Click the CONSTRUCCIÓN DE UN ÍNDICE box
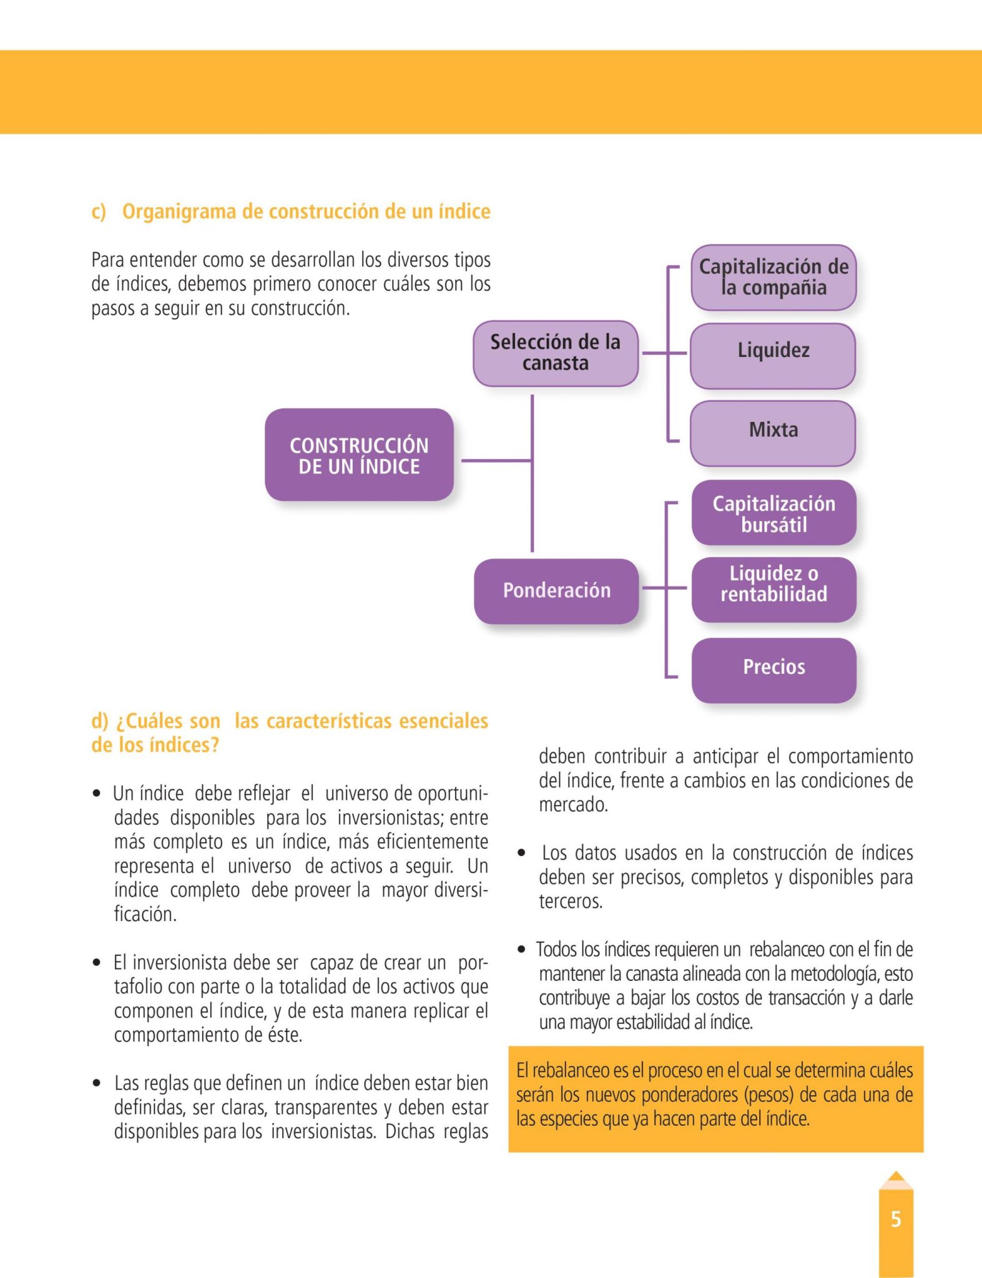tap(359, 455)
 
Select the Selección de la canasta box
tap(555, 353)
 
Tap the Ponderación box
tap(556, 590)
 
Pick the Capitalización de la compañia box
tap(773, 277)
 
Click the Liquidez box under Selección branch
tap(773, 351)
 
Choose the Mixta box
tap(773, 431)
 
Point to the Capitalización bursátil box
tap(773, 513)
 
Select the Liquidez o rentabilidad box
tap(773, 584)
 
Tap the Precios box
tap(773, 667)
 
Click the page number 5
tap(896, 1219)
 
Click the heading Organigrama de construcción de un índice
tap(306, 212)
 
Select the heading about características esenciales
tap(290, 733)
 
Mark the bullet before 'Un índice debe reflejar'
tap(96, 794)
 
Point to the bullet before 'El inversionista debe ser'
tap(96, 963)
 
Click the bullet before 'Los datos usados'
tap(522, 853)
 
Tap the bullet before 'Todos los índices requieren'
tap(522, 950)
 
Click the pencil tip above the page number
tap(896, 1178)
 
